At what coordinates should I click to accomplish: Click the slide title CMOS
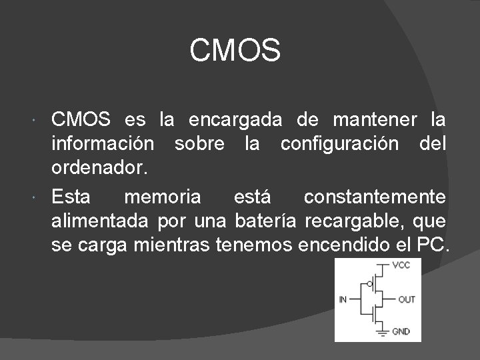pos(235,51)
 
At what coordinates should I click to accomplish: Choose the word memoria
pos(162,197)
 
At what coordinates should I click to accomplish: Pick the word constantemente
pos(375,197)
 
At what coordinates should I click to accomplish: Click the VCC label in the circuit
pos(401,266)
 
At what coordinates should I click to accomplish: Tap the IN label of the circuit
pos(343,299)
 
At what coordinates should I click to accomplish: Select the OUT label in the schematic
pos(406,299)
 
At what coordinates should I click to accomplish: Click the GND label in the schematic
pos(401,331)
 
